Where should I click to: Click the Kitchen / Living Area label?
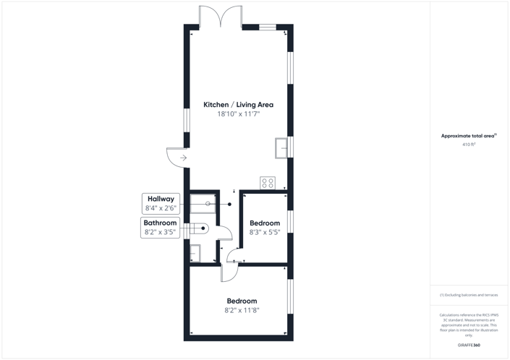click(238, 105)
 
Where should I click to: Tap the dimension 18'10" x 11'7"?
click(238, 114)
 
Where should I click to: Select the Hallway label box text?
click(161, 199)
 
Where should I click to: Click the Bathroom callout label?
click(160, 223)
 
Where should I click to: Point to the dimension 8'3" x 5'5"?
click(264, 233)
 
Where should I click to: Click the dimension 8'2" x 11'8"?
click(242, 310)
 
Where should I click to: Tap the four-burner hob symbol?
click(267, 183)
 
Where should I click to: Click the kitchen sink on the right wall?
click(281, 147)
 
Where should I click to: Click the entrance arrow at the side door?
click(183, 158)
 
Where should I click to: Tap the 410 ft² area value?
click(469, 145)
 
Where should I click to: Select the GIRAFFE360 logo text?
click(469, 346)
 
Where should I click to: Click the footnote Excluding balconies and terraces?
click(469, 295)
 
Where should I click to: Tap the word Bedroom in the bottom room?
click(242, 301)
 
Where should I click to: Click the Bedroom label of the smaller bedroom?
click(264, 223)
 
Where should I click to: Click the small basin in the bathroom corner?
click(194, 253)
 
